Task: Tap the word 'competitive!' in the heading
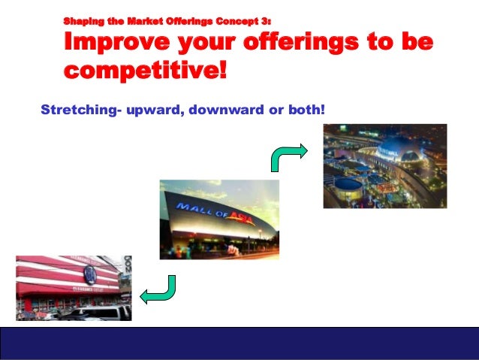[x=144, y=71]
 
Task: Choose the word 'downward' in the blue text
[x=221, y=110]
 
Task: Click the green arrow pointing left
[x=159, y=289]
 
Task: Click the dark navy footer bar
[x=239, y=343]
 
